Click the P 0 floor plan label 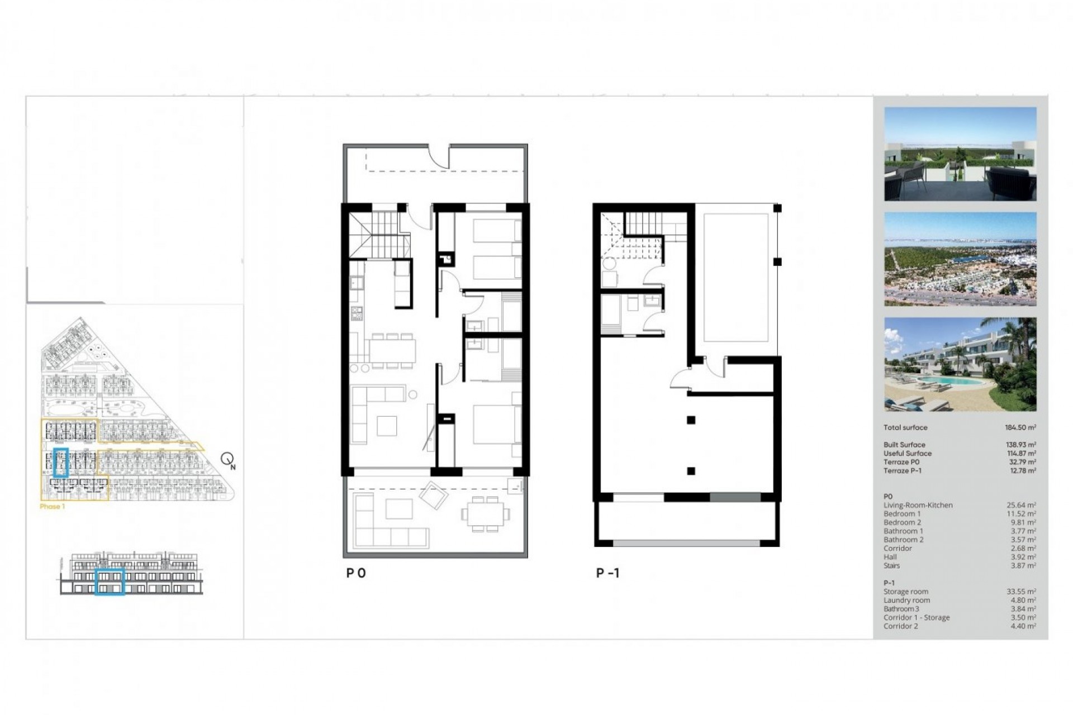pyautogui.click(x=356, y=573)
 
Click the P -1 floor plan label pyautogui.click(x=607, y=573)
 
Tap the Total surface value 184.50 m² pyautogui.click(x=1020, y=427)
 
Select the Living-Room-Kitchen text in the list pyautogui.click(x=918, y=505)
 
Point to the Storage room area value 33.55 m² pyautogui.click(x=1021, y=592)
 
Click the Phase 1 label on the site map pyautogui.click(x=53, y=507)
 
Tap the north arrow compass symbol pyautogui.click(x=227, y=460)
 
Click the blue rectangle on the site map pyautogui.click(x=60, y=462)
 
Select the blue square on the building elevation pyautogui.click(x=109, y=581)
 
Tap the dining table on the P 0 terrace pyautogui.click(x=485, y=513)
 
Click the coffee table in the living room pyautogui.click(x=387, y=426)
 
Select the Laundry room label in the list pyautogui.click(x=906, y=600)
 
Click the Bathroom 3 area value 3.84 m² pyautogui.click(x=1023, y=609)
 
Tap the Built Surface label pyautogui.click(x=904, y=445)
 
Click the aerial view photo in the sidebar pyautogui.click(x=960, y=259)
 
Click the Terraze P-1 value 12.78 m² pyautogui.click(x=1021, y=471)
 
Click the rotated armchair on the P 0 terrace pyautogui.click(x=433, y=495)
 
